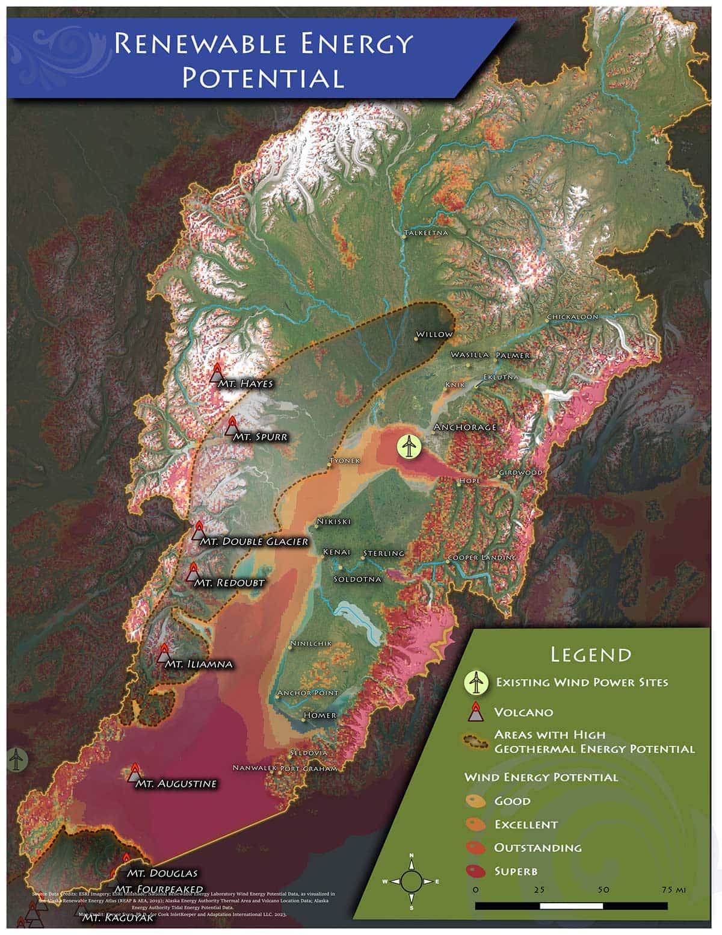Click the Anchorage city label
pyautogui.click(x=465, y=427)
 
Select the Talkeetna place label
pyautogui.click(x=426, y=232)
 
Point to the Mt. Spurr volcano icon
pyautogui.click(x=231, y=426)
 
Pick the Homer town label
pyautogui.click(x=319, y=716)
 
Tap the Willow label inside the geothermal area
pyautogui.click(x=434, y=334)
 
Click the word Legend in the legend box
pyautogui.click(x=591, y=654)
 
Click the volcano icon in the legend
pyautogui.click(x=475, y=712)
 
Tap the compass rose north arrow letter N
pyautogui.click(x=412, y=856)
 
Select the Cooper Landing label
pyautogui.click(x=482, y=558)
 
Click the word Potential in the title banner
pyautogui.click(x=264, y=78)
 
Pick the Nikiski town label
pyautogui.click(x=334, y=521)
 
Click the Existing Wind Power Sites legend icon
pyautogui.click(x=475, y=682)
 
